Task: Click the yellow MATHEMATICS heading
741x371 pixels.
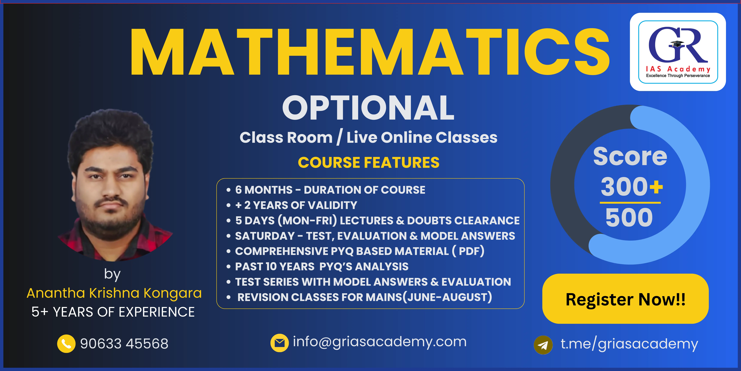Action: pyautogui.click(x=370, y=52)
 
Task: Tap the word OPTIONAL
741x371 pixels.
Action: pyautogui.click(x=368, y=108)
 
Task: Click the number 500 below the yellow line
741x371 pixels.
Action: pyautogui.click(x=629, y=217)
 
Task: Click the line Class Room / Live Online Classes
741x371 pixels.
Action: pyautogui.click(x=368, y=137)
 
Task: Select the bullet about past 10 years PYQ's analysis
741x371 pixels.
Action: pyautogui.click(x=322, y=266)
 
